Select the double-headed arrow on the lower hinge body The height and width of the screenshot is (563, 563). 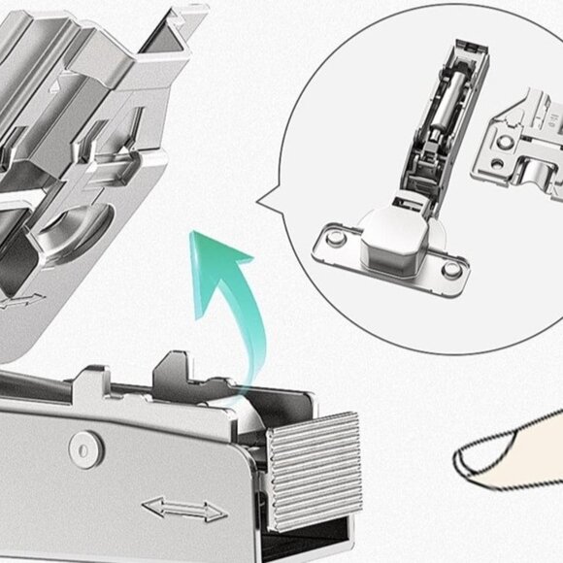183,509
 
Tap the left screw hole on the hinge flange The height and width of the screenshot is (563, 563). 333,236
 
